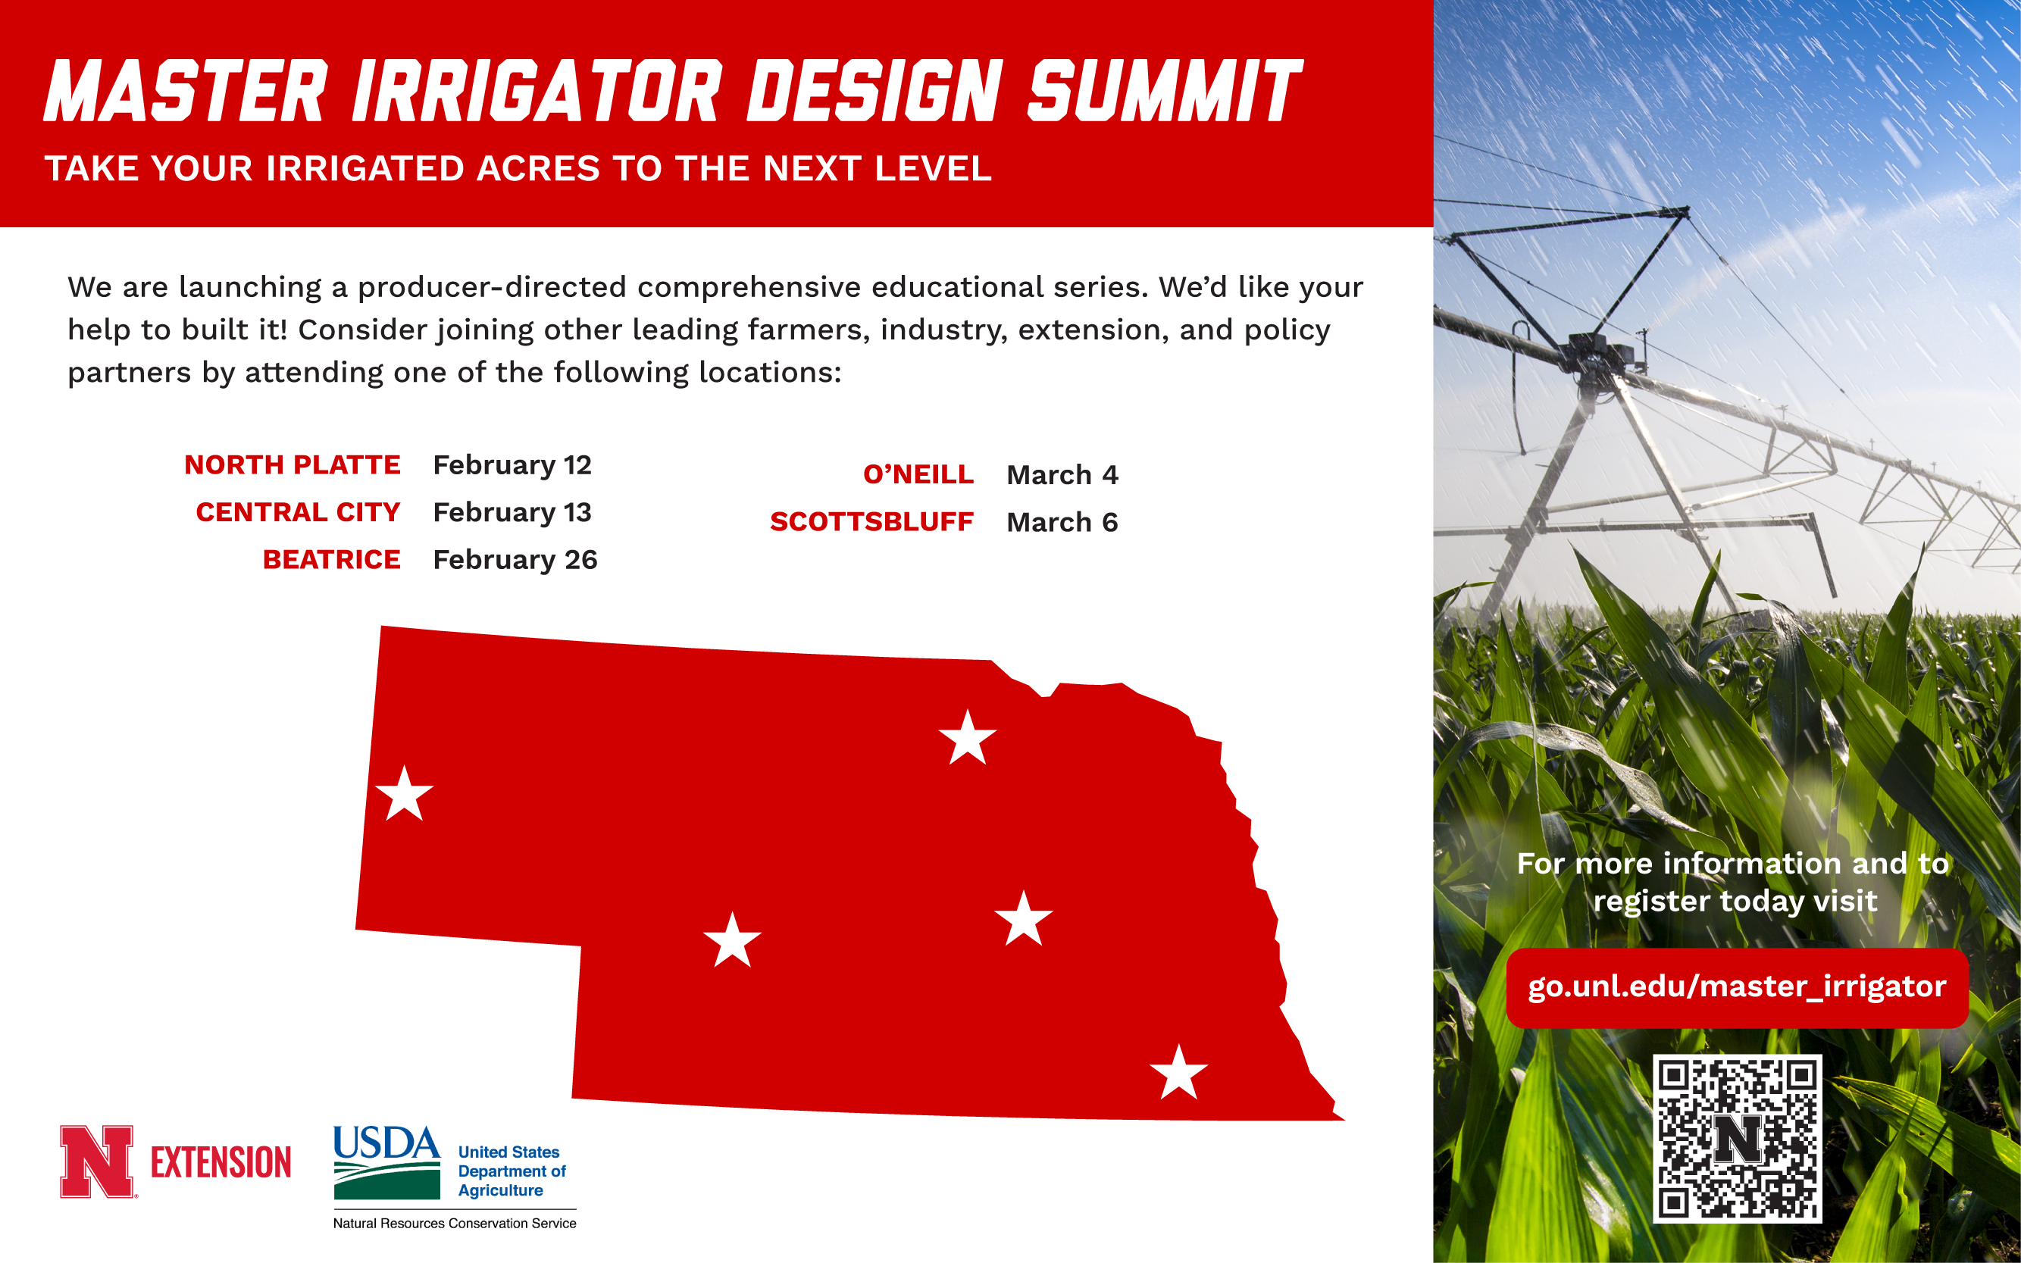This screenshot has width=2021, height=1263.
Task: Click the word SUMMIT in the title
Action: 1164,91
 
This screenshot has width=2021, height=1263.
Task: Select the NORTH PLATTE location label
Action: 293,464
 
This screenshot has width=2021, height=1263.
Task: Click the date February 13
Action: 512,512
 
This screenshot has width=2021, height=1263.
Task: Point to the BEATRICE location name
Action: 332,559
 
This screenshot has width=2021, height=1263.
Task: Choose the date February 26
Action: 515,560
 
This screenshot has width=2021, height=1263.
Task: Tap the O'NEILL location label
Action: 918,474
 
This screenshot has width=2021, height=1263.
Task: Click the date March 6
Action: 1062,522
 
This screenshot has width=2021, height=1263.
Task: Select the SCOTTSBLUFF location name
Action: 871,521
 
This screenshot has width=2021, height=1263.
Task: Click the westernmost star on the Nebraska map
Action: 405,794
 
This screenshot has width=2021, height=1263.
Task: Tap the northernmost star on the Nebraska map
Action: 968,739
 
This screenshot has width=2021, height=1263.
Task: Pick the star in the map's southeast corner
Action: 1179,1074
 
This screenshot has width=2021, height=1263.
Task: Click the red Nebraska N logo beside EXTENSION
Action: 97,1161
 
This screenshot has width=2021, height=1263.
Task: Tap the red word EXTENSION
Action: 221,1163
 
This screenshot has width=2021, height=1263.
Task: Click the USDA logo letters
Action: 386,1142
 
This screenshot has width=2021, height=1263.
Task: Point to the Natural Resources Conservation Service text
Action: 455,1223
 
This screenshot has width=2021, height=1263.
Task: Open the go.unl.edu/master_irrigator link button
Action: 1737,987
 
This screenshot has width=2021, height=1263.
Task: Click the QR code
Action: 1737,1139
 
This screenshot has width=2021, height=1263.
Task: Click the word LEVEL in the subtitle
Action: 932,169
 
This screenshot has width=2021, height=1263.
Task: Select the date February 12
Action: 512,465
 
